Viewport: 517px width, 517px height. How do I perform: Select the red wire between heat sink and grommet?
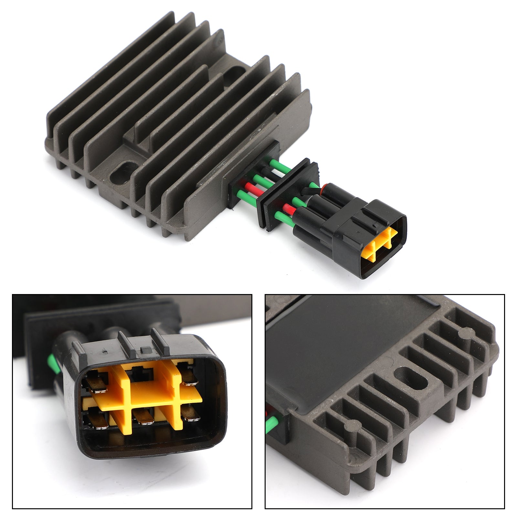pyautogui.click(x=250, y=186)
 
